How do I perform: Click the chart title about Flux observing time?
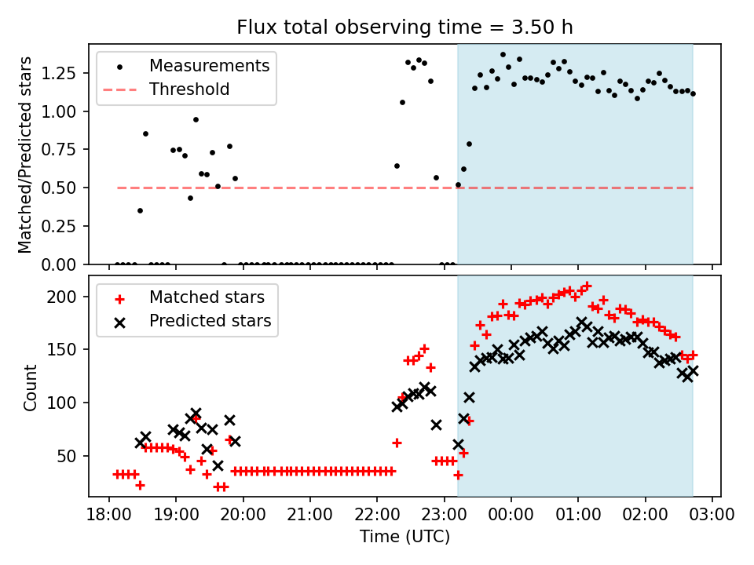(x=404, y=27)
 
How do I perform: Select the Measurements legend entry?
(x=209, y=65)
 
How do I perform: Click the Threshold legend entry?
(x=189, y=89)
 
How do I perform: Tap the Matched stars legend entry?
(x=207, y=297)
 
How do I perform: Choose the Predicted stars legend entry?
(x=210, y=321)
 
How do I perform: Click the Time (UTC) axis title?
(x=404, y=537)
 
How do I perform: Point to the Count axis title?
(x=31, y=387)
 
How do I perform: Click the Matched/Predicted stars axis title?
(x=25, y=155)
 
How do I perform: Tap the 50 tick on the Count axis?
(x=69, y=456)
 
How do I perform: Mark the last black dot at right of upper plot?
(x=693, y=93)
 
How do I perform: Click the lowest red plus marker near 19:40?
(x=218, y=487)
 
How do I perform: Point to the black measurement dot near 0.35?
(x=140, y=210)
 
